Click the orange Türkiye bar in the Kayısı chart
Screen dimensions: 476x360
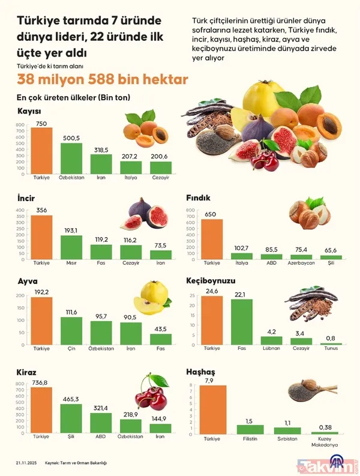point(41,150)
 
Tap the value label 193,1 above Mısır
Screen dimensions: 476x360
point(71,230)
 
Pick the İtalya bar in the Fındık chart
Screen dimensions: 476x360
point(242,256)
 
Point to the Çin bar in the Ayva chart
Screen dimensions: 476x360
point(71,334)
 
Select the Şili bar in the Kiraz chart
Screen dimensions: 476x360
point(71,418)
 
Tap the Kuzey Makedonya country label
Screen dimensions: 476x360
point(325,442)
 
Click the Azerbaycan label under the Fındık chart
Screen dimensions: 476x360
point(301,263)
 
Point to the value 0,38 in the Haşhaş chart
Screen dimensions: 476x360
point(325,427)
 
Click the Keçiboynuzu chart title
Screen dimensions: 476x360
point(211,280)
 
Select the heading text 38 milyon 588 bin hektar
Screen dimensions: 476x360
point(102,79)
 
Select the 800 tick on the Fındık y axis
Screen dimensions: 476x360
point(190,211)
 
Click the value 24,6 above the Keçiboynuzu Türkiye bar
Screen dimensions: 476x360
point(211,291)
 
